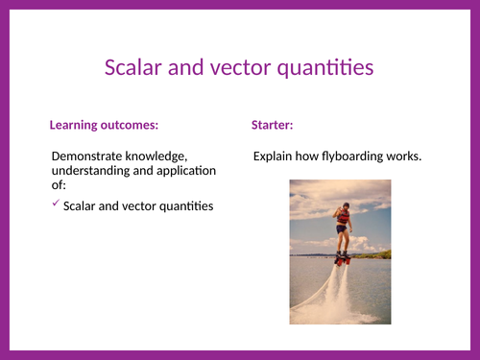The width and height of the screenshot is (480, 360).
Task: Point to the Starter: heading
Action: click(272, 125)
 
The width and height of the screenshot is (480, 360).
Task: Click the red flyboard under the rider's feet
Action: click(343, 259)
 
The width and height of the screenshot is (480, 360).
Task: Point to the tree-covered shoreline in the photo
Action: click(374, 254)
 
